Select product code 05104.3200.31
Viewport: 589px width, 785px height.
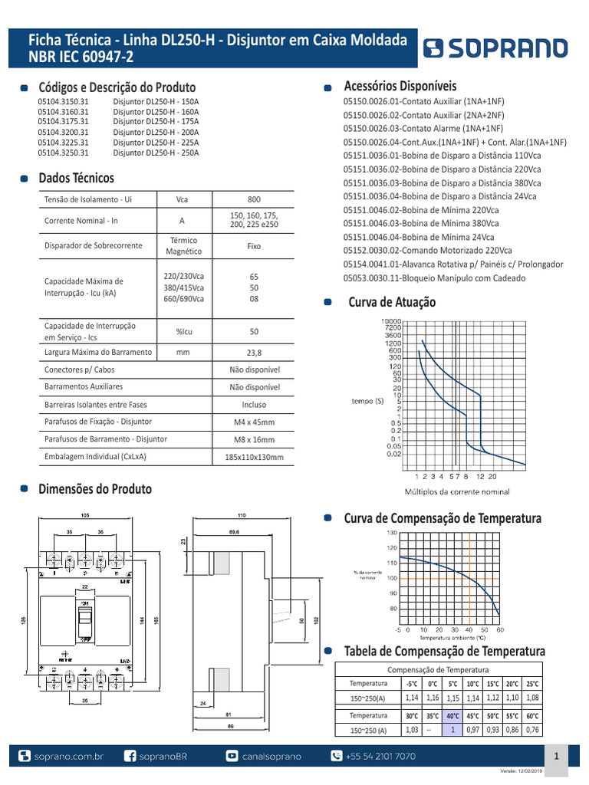64,132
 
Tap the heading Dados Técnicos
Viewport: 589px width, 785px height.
76,179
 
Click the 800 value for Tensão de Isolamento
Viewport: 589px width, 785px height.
255,199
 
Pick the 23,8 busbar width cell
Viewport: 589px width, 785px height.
255,353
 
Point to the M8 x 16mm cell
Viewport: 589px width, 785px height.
254,440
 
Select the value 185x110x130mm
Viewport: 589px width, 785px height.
254,458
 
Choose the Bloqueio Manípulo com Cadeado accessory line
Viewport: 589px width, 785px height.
434,278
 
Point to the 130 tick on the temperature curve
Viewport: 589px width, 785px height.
392,532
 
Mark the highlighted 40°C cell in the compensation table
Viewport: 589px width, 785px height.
453,715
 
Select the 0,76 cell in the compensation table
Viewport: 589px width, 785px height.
532,730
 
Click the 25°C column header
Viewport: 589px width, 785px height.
532,683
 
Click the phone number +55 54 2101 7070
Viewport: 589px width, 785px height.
380,756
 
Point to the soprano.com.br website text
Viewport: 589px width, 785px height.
69,756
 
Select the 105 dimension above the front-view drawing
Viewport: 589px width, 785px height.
85,516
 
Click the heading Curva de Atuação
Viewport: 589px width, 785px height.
392,303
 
